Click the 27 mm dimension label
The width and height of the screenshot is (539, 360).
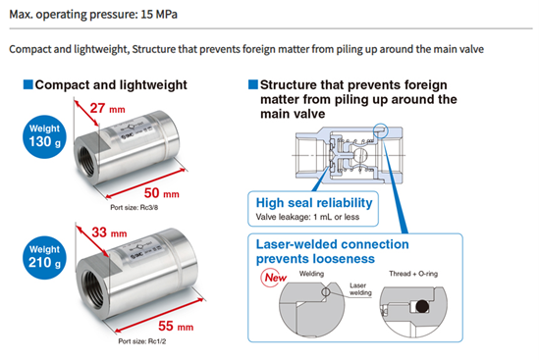click(108, 109)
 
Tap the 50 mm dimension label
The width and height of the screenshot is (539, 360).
click(162, 193)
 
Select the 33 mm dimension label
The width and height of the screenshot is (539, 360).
click(109, 232)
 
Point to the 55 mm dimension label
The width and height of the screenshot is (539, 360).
click(176, 326)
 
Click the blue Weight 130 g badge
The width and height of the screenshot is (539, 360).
click(45, 136)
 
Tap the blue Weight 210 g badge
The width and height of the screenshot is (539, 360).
click(45, 258)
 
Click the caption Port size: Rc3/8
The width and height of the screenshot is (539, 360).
click(135, 208)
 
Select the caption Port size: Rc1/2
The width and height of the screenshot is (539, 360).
click(142, 341)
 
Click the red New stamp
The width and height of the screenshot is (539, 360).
click(274, 278)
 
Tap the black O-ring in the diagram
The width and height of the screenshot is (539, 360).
click(422, 306)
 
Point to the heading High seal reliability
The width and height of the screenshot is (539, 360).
click(314, 203)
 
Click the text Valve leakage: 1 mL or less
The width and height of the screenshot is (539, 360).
click(307, 217)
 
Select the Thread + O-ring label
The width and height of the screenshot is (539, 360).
click(413, 274)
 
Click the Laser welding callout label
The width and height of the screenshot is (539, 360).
click(360, 289)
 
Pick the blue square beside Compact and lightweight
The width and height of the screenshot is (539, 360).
click(28, 84)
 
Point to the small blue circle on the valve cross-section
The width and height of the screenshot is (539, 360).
click(381, 130)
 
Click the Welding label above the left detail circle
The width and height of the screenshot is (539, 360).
click(311, 274)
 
